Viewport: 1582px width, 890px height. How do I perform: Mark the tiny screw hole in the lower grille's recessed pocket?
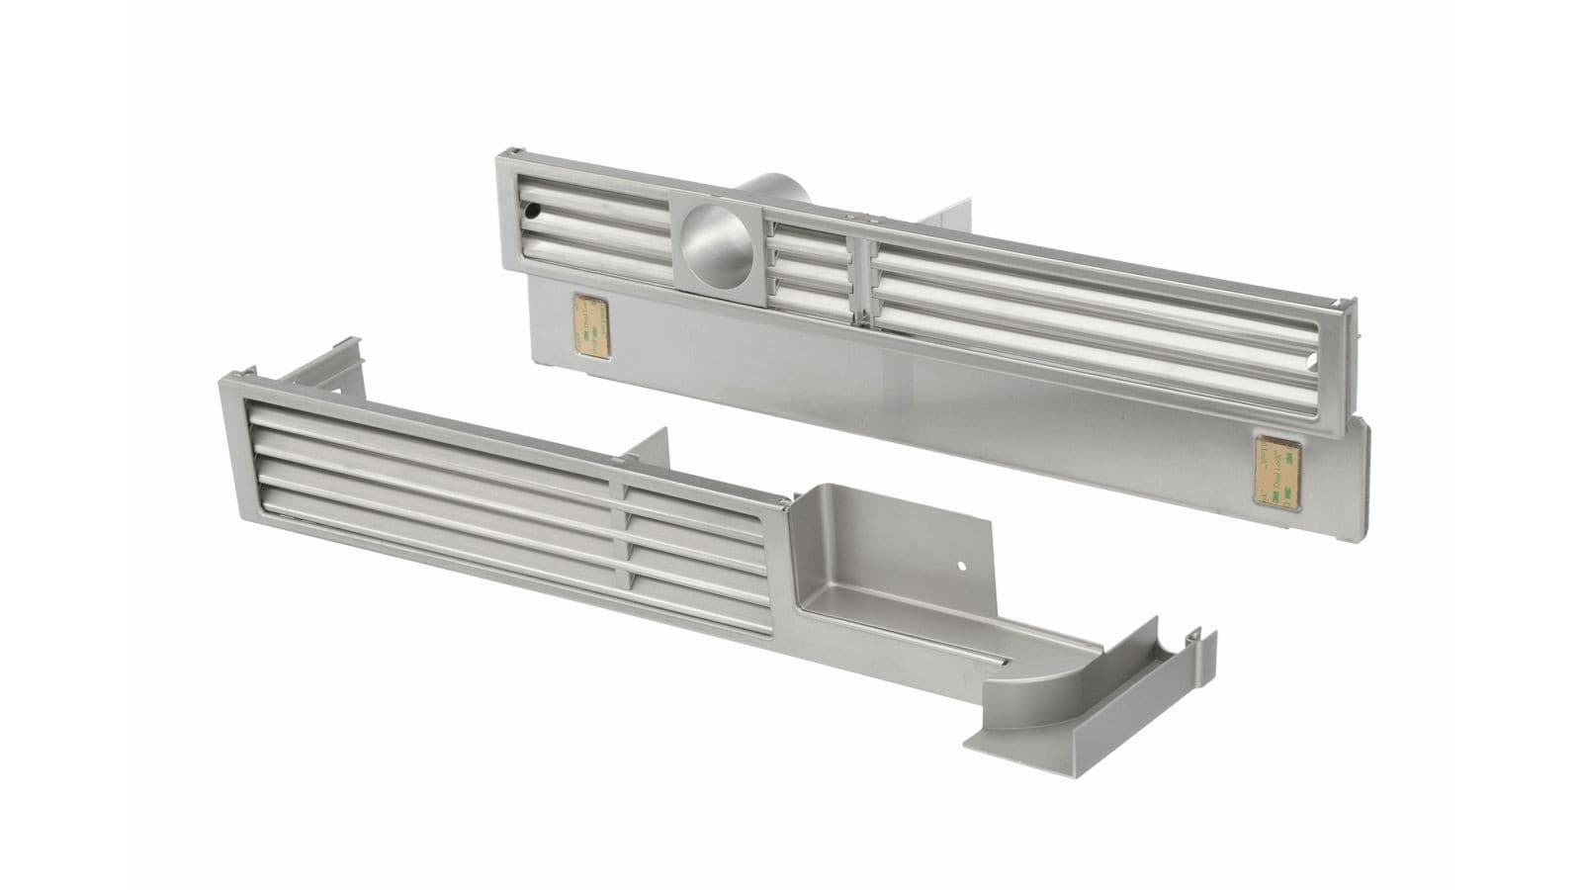click(x=960, y=568)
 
